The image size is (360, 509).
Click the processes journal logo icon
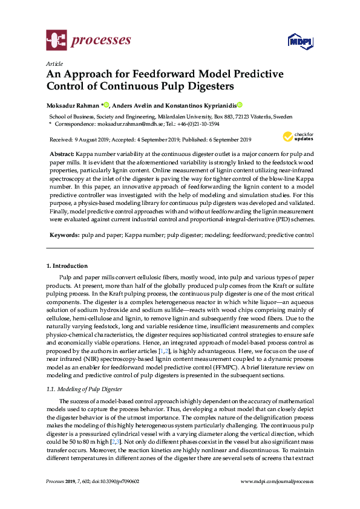tap(56, 41)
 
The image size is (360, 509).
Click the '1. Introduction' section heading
tap(67, 266)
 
